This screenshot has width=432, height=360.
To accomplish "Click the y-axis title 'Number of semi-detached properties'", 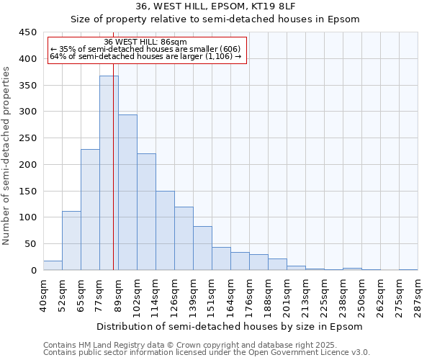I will click(x=7, y=155).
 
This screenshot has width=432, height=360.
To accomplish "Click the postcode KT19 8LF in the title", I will click(x=276, y=6).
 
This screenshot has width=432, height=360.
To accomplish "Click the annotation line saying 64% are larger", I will click(x=145, y=56).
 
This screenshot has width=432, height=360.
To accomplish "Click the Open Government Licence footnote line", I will click(x=207, y=353).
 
